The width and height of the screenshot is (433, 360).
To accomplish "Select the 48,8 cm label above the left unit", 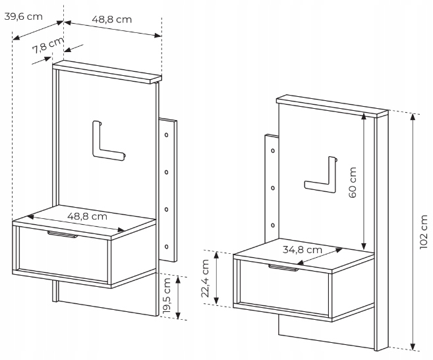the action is click(111, 19).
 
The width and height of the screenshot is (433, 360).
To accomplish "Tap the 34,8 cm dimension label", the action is click(302, 250).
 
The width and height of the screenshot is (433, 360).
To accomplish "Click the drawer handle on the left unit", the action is click(63, 234).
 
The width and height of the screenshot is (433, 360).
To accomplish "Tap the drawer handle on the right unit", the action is click(283, 268).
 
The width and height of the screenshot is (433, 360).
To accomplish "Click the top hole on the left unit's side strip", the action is click(167, 135).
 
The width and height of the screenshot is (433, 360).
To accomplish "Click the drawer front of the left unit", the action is click(63, 254).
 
